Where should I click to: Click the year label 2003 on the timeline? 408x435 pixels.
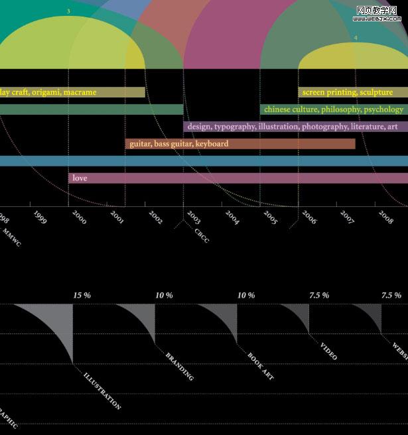[x=194, y=216]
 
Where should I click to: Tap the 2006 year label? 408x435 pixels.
[x=309, y=216]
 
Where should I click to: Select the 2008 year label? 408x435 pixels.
[x=386, y=216]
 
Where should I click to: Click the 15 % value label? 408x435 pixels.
[x=82, y=295]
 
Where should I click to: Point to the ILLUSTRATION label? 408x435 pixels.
[x=103, y=391]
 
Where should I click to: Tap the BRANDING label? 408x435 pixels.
[x=180, y=366]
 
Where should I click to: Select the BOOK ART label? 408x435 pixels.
[x=261, y=367]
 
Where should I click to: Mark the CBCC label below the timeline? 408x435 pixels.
[x=202, y=236]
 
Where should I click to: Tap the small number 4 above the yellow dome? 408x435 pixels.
[x=356, y=38]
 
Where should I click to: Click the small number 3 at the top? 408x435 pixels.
[x=68, y=11]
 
